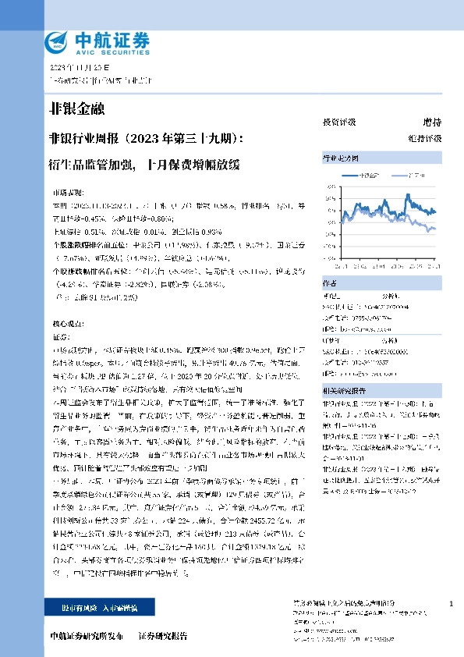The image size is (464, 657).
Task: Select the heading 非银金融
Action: point(76,108)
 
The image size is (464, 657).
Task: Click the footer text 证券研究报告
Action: point(163,636)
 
